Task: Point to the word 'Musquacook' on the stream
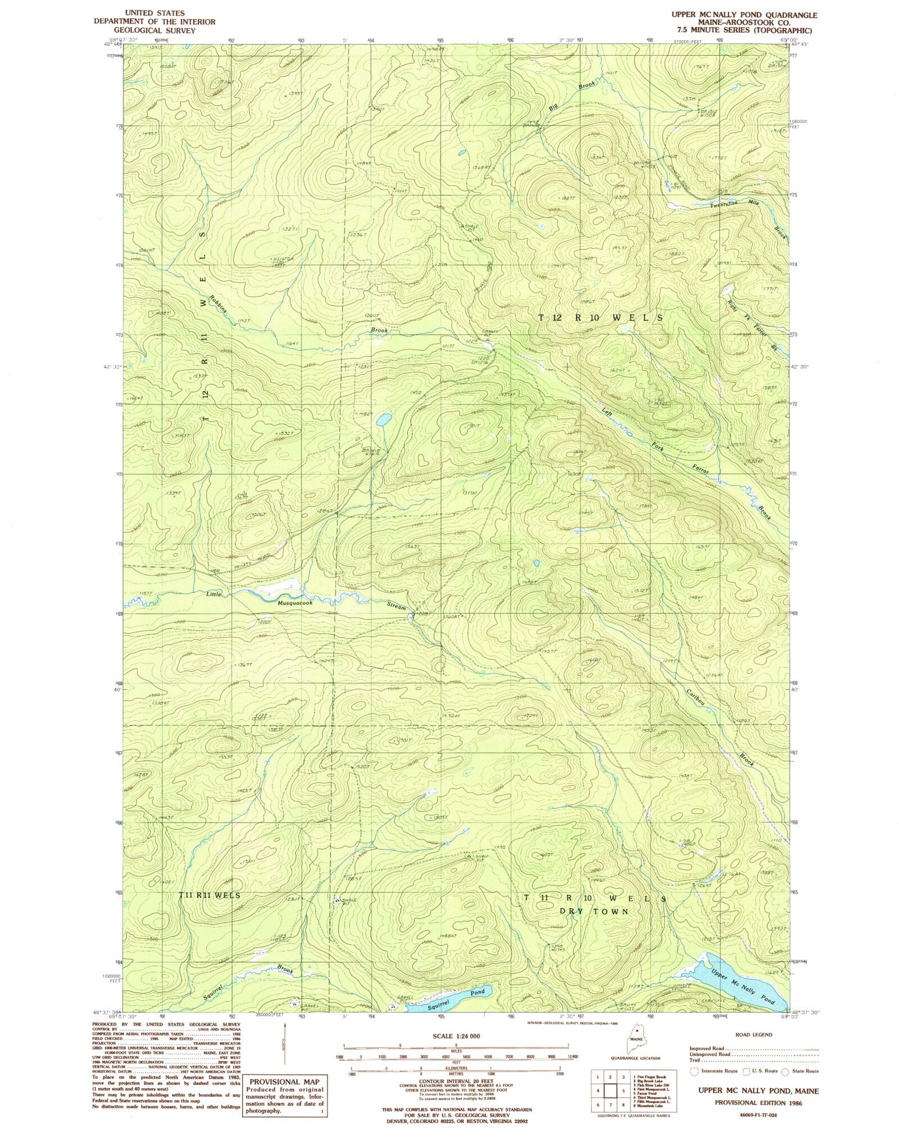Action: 295,604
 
